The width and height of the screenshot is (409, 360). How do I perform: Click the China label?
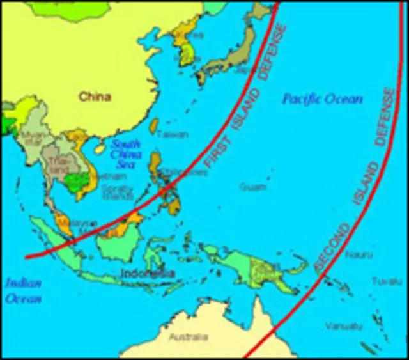(95, 97)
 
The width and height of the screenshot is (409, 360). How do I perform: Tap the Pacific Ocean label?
(323, 99)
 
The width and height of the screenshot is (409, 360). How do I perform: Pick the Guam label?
(249, 187)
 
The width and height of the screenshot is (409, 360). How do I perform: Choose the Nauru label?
(355, 255)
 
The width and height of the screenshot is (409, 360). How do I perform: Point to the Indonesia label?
(148, 274)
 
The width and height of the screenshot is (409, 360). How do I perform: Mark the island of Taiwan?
(154, 125)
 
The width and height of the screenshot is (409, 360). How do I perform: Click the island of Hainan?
(100, 148)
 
